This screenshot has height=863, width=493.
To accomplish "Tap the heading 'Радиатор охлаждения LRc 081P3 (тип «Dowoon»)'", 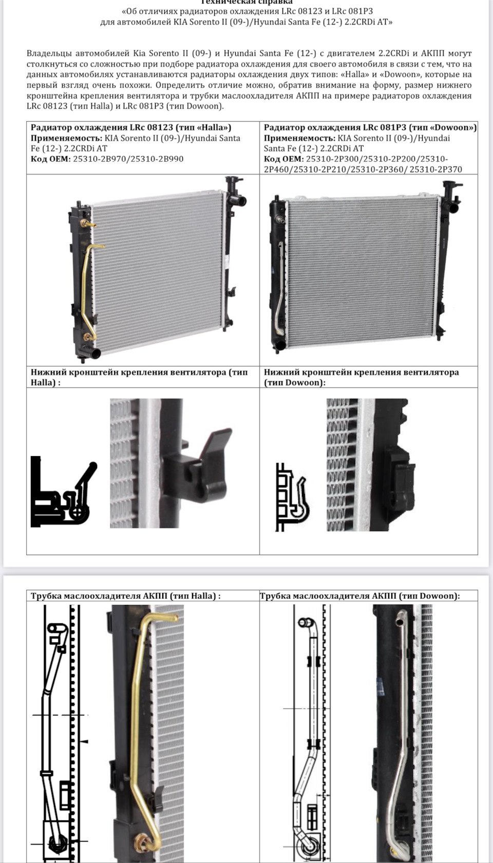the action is (x=370, y=128).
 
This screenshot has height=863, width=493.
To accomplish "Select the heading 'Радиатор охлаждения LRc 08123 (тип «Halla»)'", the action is (x=131, y=128).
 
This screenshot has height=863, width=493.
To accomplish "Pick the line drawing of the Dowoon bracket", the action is (x=292, y=497).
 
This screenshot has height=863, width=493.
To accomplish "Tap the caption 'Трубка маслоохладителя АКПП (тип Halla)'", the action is (x=126, y=596).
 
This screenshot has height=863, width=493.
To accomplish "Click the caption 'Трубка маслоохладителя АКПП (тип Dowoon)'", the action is (x=359, y=596).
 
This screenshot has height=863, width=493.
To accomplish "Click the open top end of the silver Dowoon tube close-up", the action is (x=400, y=618).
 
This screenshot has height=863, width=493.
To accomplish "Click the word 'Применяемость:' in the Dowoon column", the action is (x=300, y=138).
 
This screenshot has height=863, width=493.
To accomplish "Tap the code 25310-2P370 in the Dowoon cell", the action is (x=436, y=169).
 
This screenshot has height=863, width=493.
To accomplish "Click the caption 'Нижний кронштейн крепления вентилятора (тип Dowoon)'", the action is (x=362, y=377).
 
